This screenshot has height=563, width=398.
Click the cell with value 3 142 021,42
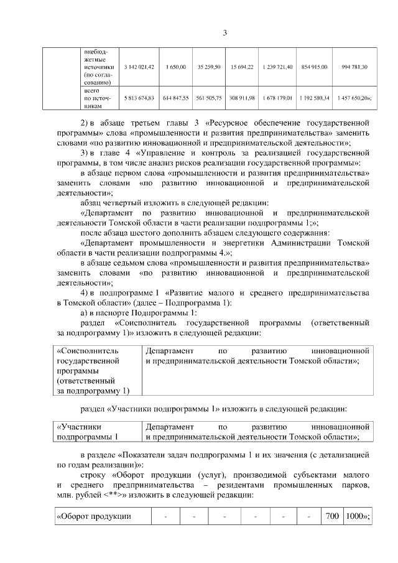(139, 67)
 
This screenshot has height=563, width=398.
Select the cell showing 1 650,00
(176, 67)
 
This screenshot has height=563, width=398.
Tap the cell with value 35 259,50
(209, 67)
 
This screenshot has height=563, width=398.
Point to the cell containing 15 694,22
(241, 67)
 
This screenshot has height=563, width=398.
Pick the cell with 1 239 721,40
(277, 67)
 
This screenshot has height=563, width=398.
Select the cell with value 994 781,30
(354, 67)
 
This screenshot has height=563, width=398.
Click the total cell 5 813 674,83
(139, 98)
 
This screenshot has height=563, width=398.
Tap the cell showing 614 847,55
(176, 98)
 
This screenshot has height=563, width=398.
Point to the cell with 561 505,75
(209, 98)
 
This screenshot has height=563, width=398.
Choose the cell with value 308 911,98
(241, 98)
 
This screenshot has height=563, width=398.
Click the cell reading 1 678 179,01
(277, 98)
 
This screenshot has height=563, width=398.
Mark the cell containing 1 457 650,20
(354, 98)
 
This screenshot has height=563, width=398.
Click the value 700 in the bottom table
(332, 516)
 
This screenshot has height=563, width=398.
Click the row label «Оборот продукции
(94, 516)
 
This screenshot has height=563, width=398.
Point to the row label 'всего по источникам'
(96, 98)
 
